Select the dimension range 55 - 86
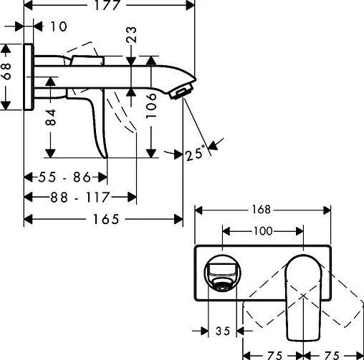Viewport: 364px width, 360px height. pos(65,176)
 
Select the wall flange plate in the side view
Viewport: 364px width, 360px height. pos(29,78)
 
